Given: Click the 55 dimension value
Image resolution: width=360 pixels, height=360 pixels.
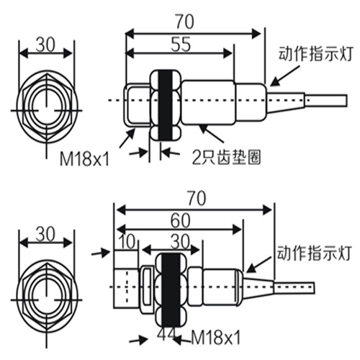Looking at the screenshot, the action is [181, 44].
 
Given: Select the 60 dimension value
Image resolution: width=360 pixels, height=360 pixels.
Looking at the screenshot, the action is [181, 221].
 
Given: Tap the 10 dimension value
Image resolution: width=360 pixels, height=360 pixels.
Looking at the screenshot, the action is [127, 242].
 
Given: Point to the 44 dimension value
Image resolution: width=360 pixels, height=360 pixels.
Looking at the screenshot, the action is [167, 334].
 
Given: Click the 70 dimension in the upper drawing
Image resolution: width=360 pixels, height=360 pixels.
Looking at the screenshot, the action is [184, 22].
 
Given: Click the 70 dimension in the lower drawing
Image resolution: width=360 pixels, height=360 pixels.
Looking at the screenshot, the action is [197, 198].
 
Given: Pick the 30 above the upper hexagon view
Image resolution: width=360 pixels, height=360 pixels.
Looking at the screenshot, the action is [45, 45].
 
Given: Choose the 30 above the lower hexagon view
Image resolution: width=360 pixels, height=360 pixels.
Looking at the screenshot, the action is [45, 235].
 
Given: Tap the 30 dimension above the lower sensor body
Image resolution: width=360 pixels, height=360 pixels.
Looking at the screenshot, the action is [179, 241].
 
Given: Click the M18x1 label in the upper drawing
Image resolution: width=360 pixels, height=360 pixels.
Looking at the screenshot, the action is [84, 159].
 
